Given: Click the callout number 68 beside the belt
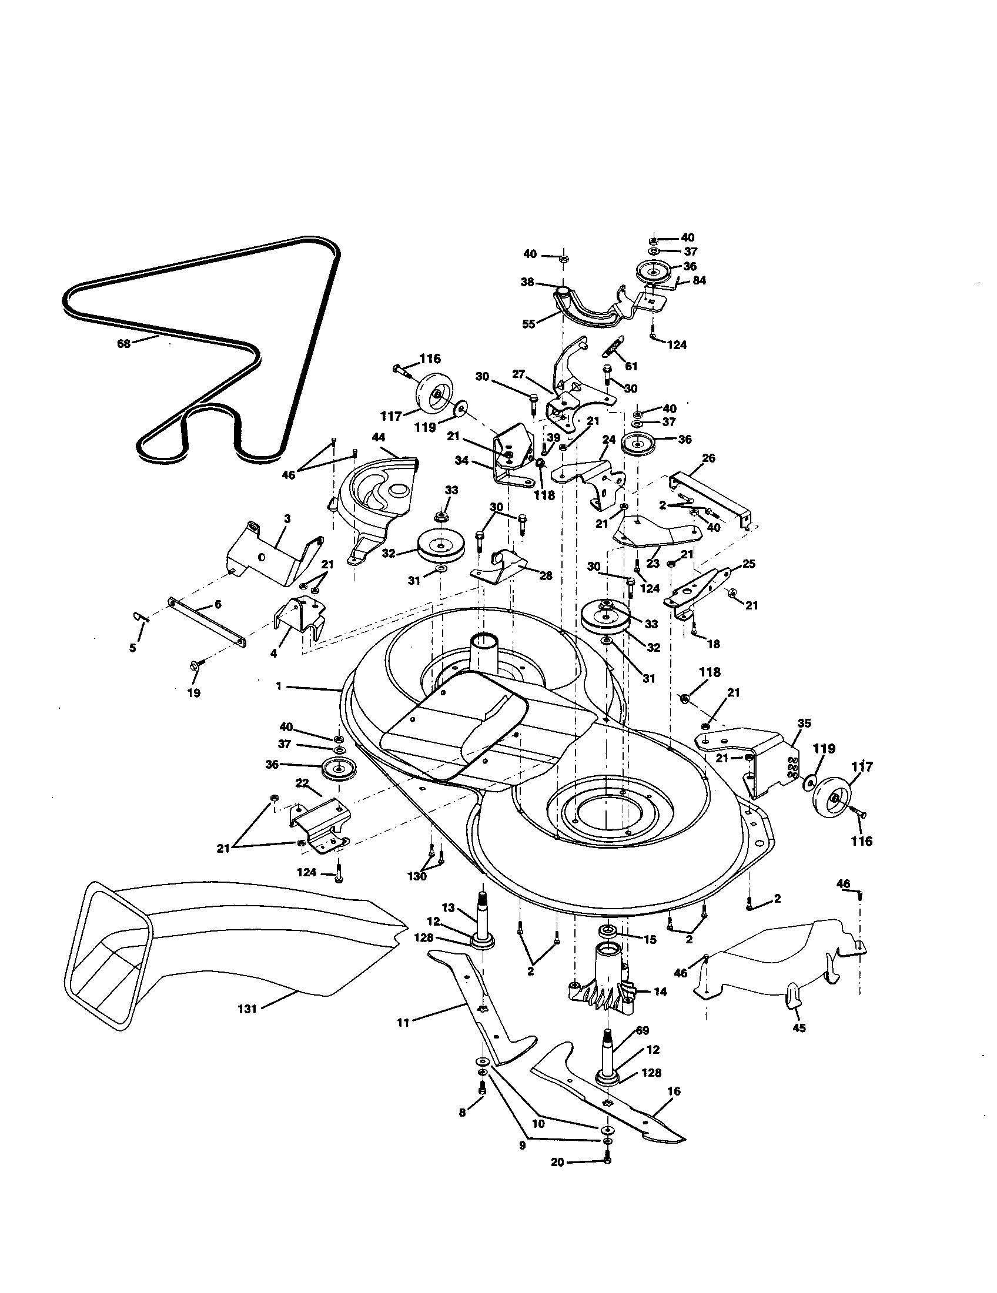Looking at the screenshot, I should click(x=123, y=342).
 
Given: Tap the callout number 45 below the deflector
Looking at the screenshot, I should click(x=799, y=1029).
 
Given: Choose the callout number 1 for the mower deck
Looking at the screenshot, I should click(x=278, y=686).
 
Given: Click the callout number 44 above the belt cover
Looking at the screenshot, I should click(x=379, y=437).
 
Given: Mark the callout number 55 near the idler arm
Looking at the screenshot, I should click(x=528, y=324).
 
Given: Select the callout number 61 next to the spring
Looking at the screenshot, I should click(x=631, y=367).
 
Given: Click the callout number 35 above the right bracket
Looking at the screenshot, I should click(x=804, y=723).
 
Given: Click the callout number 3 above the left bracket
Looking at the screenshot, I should click(x=287, y=518).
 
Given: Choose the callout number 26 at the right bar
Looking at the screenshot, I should click(x=709, y=458).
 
